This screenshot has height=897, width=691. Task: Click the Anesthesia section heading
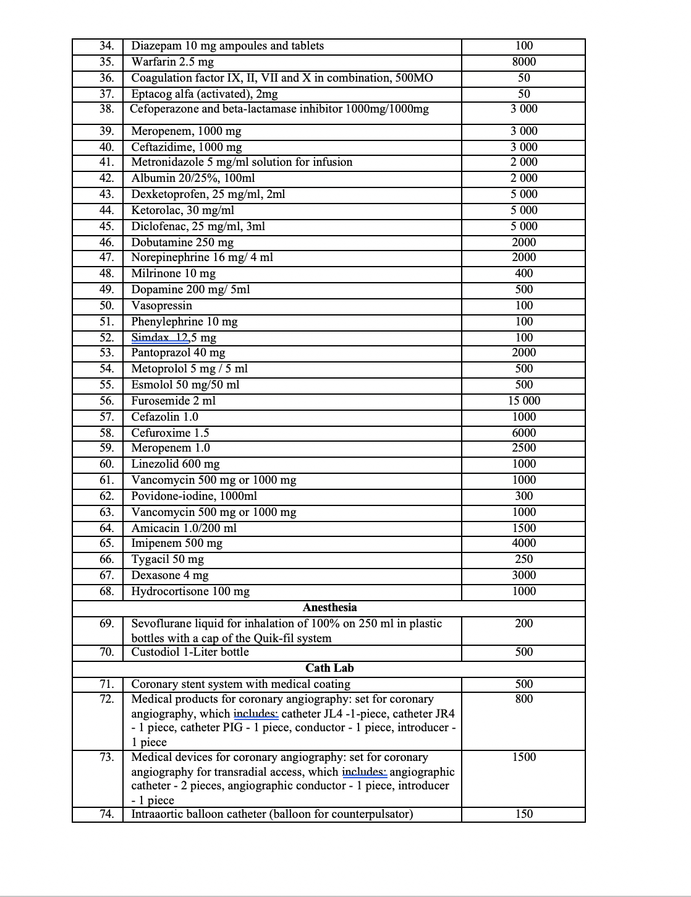coord(329,607)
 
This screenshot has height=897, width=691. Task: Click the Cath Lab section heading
coord(329,668)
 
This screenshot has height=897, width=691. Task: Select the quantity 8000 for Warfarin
coord(524,62)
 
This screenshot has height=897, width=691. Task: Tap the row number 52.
coord(107,338)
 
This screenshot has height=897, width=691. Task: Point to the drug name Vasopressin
coord(161,306)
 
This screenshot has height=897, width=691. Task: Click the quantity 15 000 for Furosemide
coord(524,401)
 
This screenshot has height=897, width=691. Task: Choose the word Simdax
coord(150,338)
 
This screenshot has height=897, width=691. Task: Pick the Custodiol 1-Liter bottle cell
coord(190,652)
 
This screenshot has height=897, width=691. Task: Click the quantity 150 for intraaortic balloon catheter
coord(524,814)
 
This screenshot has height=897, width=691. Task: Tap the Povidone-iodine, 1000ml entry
coord(194,496)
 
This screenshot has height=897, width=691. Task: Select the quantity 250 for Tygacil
coord(524,559)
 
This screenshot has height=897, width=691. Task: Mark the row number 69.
coord(107,624)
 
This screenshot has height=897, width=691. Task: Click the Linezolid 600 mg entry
coord(175,464)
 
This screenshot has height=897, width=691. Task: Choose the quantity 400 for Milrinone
coord(524,273)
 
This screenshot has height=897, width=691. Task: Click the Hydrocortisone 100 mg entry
coord(190,591)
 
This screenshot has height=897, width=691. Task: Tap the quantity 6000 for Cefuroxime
coord(524,433)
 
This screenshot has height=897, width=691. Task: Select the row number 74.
coord(107,814)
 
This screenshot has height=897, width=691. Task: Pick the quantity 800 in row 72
coord(524,699)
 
